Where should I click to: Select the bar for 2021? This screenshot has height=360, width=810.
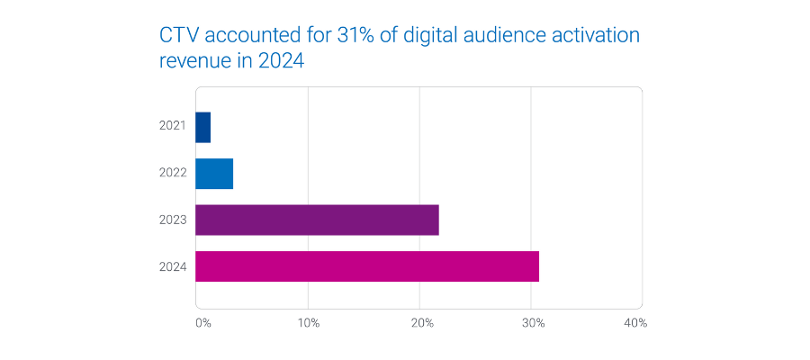point(202,127)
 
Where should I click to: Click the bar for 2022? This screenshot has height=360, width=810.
point(214,174)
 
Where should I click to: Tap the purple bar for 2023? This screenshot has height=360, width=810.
point(317,220)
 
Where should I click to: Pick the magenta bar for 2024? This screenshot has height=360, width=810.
point(366,266)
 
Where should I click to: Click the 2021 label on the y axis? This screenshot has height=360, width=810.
point(172,127)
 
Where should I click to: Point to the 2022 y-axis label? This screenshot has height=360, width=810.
point(172,174)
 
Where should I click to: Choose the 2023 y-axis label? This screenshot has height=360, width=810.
point(172,220)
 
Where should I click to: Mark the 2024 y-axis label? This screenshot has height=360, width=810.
point(172,266)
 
